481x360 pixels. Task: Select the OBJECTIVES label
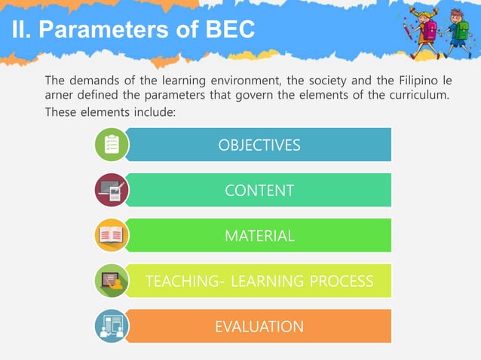point(259,145)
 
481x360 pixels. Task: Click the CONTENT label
point(259,191)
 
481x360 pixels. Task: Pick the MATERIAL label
point(259,236)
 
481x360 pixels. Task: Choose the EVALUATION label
point(259,327)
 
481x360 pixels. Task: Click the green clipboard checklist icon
point(112,145)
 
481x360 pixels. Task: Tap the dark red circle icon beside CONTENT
point(112,191)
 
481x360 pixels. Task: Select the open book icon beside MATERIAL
point(112,236)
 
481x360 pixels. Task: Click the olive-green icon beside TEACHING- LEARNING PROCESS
point(112,281)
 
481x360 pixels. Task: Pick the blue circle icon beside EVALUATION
point(112,326)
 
